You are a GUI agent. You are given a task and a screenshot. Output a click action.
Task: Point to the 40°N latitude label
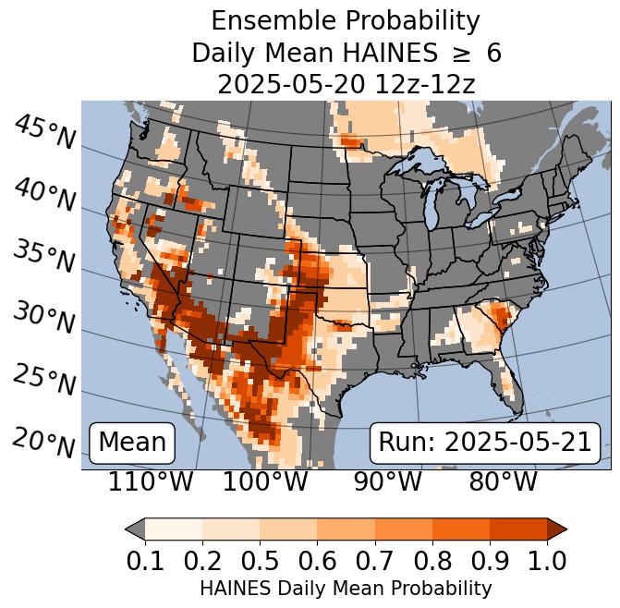(44, 195)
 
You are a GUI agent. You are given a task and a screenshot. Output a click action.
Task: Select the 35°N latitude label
(44, 256)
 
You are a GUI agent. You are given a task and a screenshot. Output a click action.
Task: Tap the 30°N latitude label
(44, 318)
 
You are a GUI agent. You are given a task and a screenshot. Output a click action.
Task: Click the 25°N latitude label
(44, 380)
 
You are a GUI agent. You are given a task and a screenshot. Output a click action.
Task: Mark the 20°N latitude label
(44, 442)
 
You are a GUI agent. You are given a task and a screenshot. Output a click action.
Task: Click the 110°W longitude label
(151, 481)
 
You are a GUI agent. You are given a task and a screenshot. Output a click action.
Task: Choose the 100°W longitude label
(265, 481)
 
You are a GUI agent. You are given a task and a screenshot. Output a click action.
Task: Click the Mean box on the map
(132, 443)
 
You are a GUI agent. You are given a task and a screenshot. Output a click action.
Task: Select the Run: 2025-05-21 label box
(485, 443)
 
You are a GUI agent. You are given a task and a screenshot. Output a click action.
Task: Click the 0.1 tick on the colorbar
(145, 560)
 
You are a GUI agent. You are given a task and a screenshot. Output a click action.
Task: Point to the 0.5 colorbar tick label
(260, 560)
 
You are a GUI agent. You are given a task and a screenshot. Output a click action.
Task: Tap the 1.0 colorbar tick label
(546, 560)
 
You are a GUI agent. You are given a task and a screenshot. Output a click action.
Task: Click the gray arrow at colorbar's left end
(135, 529)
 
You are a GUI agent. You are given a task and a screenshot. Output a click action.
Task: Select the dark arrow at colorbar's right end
(556, 529)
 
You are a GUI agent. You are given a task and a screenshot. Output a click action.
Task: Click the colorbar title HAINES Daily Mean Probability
(346, 588)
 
